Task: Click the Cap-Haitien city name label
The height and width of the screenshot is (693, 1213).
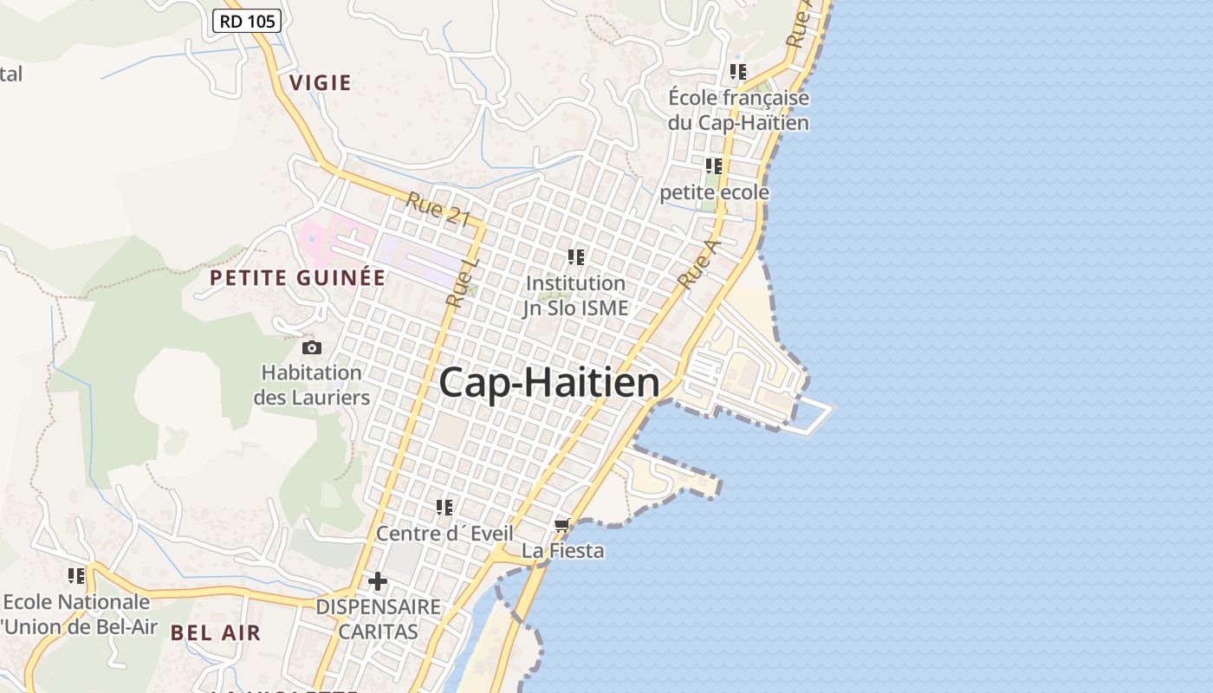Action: (x=549, y=383)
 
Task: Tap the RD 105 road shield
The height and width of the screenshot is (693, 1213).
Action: (x=247, y=21)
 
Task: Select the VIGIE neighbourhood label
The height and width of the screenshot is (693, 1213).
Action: (x=321, y=83)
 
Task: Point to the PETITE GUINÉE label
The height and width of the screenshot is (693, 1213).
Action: (x=298, y=278)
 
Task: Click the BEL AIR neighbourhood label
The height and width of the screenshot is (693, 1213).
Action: (x=216, y=632)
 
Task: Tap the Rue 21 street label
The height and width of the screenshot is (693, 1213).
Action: (x=438, y=210)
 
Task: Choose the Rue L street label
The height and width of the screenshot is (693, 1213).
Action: (x=463, y=282)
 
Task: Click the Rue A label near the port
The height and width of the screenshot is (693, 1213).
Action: (x=698, y=264)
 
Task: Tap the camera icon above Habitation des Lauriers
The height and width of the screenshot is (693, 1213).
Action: (x=311, y=347)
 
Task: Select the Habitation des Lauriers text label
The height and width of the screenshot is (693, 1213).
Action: (x=312, y=385)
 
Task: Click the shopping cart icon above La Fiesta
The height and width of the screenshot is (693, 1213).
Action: (x=562, y=526)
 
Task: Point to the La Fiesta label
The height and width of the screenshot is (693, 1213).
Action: (x=563, y=551)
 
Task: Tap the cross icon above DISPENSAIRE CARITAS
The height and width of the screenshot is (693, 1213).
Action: (x=378, y=580)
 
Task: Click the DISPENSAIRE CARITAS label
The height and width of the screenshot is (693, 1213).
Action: (x=378, y=619)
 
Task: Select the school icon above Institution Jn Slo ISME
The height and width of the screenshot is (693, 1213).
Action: (x=576, y=256)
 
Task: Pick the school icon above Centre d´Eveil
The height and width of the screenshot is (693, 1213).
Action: (x=444, y=507)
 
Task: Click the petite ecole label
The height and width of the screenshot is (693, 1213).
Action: (x=715, y=192)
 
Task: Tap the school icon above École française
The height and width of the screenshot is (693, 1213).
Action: (x=738, y=71)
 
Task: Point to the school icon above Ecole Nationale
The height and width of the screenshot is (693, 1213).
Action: (x=76, y=575)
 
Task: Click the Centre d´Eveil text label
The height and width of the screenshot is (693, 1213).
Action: (x=444, y=534)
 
